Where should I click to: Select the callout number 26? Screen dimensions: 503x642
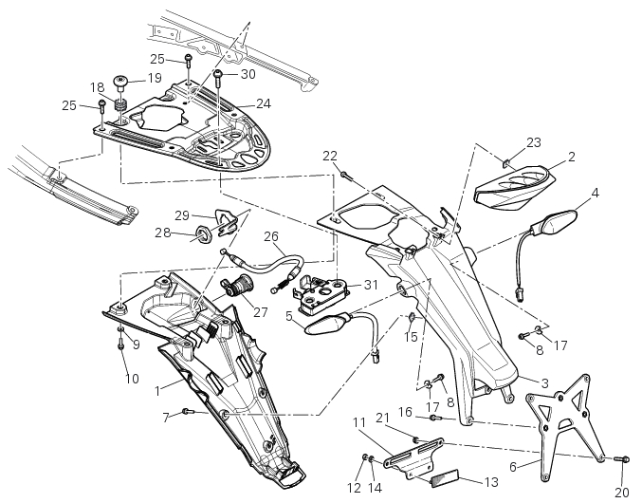(271, 237)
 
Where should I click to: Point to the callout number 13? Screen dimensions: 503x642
(490, 482)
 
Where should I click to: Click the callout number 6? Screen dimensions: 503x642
(513, 466)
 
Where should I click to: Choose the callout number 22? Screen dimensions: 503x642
(329, 156)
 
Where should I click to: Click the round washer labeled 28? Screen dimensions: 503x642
(202, 233)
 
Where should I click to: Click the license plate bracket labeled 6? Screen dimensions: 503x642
(565, 418)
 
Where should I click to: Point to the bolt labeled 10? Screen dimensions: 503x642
(121, 345)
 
